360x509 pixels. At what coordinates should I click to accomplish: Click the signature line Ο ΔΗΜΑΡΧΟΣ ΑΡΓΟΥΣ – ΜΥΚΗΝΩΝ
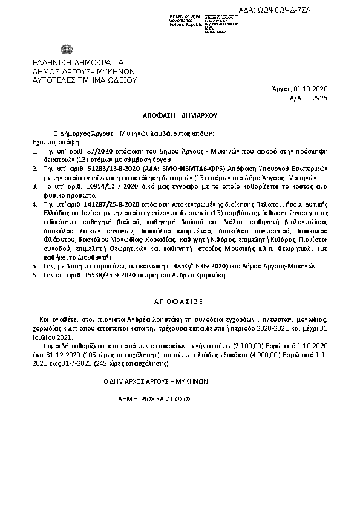[156, 382]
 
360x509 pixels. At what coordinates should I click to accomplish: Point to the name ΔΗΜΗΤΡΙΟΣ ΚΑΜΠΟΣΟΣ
[156, 400]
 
